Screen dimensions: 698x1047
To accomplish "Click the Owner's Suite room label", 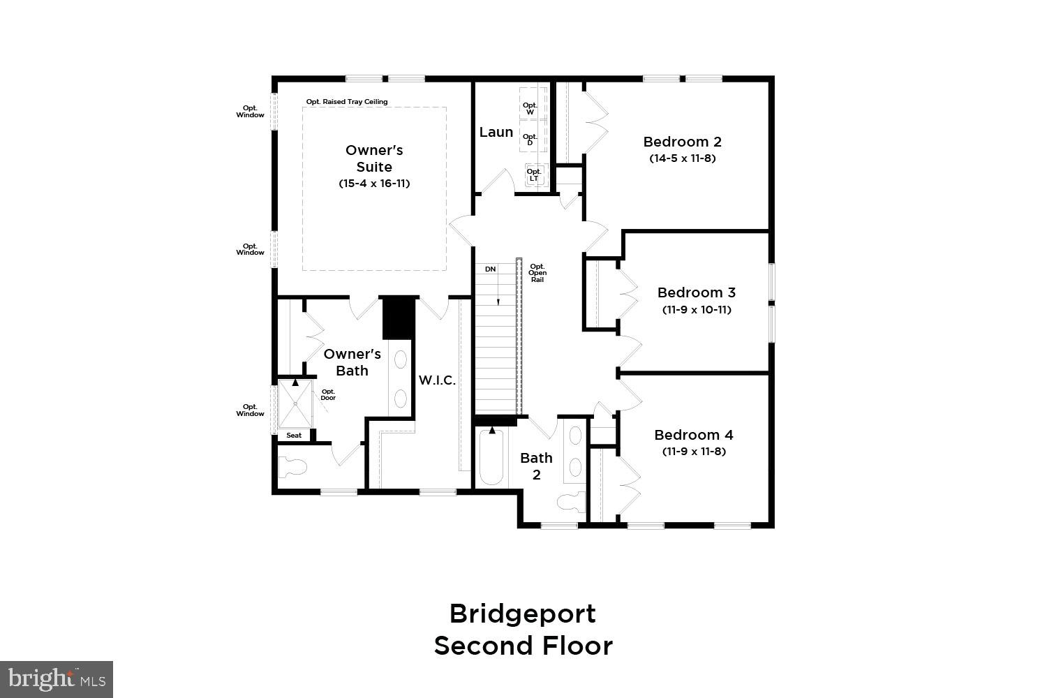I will (374, 158).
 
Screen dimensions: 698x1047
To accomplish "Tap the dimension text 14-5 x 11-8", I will (682, 158).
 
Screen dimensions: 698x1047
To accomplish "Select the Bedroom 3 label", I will (696, 292).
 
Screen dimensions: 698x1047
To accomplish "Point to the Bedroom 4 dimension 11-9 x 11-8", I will (694, 452).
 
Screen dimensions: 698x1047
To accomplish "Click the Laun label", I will (496, 132).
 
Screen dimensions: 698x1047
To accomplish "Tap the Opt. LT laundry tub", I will (534, 174).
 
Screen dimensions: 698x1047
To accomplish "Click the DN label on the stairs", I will (490, 269).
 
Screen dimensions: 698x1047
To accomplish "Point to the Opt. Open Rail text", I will (537, 273).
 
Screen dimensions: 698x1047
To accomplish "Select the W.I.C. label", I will (437, 380).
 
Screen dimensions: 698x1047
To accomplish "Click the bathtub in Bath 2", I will (491, 459).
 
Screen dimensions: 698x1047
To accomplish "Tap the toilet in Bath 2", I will (570, 502).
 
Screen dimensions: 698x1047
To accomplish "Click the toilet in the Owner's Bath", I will (292, 466).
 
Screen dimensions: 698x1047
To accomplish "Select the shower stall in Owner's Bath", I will (295, 403).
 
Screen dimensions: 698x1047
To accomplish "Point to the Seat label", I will (294, 436).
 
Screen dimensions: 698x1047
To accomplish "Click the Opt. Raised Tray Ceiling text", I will (346, 102).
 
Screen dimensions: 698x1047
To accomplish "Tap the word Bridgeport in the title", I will (522, 614).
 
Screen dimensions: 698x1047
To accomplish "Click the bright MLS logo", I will (56, 679).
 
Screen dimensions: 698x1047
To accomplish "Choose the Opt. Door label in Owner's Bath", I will (328, 395).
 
